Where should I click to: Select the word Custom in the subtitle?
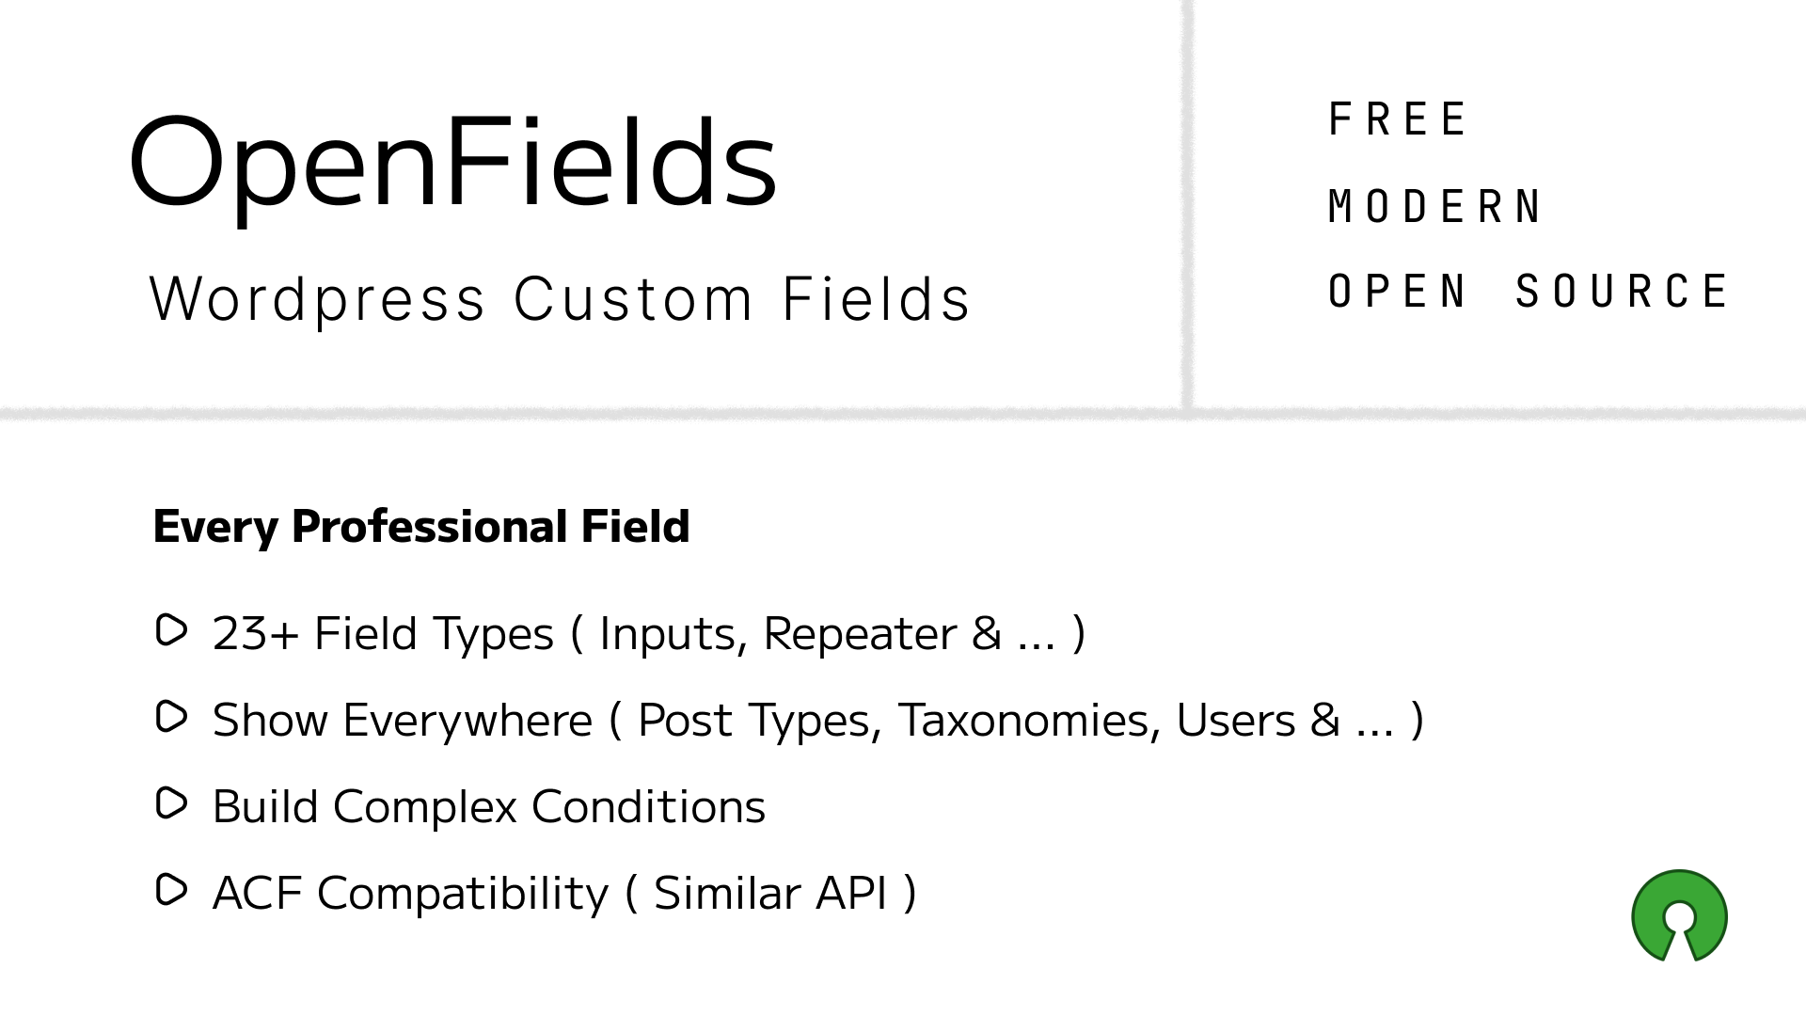(x=633, y=299)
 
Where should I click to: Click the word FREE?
(x=1397, y=119)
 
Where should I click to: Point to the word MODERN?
(x=1434, y=207)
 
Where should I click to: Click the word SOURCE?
(x=1622, y=292)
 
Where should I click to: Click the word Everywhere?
(x=467, y=721)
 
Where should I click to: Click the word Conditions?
(x=648, y=807)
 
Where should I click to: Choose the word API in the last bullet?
(x=851, y=894)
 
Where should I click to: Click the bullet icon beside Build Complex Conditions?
(x=171, y=804)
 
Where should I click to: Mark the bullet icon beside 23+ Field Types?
(x=171, y=630)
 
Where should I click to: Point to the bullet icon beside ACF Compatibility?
(x=171, y=890)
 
